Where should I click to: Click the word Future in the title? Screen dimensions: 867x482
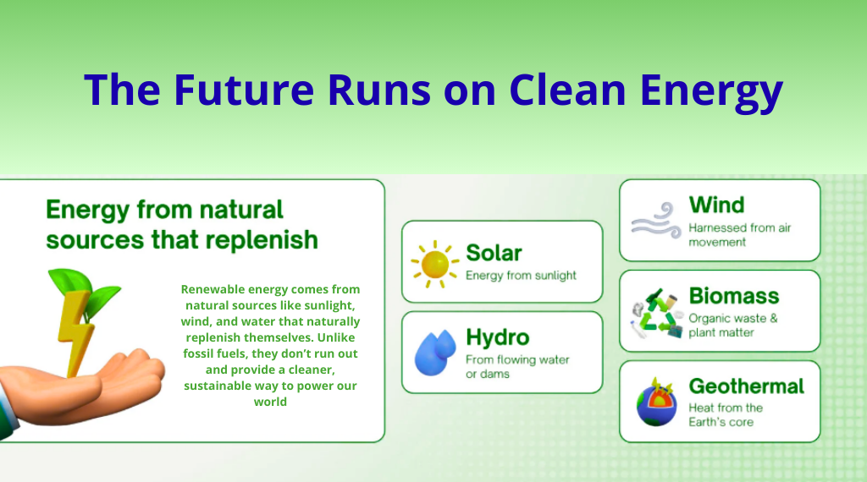point(244,89)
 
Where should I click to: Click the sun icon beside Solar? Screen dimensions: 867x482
point(434,264)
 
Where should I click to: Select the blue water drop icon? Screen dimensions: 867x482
point(436,353)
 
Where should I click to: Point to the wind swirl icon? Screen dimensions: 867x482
point(656,220)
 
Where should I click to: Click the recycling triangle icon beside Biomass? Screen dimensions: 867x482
point(657,313)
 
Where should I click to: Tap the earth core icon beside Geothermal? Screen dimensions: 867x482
point(656,402)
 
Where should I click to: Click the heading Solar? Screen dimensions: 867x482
point(494,253)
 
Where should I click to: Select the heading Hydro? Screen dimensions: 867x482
point(498,337)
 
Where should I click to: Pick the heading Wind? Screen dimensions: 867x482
point(716,205)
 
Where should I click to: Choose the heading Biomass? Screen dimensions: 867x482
point(734,296)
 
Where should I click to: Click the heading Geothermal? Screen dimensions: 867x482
point(747,386)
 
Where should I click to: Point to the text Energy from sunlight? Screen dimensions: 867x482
point(521,276)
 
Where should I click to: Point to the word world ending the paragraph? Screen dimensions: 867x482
point(270,402)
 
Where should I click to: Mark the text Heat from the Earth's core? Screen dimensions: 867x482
point(726,414)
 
